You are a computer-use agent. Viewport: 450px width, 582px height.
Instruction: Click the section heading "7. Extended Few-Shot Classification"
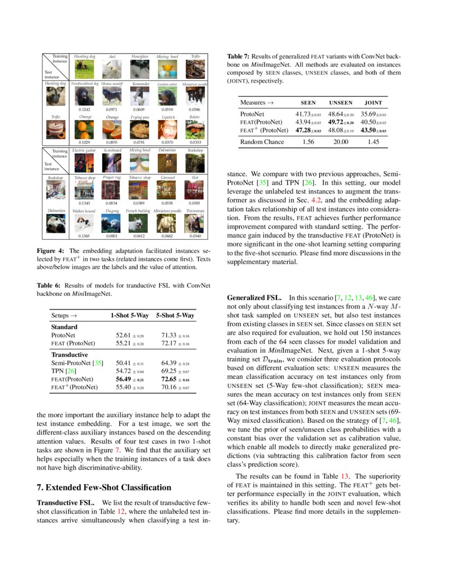click(104, 487)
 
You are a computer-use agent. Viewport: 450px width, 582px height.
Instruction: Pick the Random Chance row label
click(262, 142)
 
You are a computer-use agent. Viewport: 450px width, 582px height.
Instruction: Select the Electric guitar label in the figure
click(85, 151)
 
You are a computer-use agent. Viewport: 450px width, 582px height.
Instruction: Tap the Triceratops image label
click(195, 211)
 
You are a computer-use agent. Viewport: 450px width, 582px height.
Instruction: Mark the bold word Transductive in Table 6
click(69, 354)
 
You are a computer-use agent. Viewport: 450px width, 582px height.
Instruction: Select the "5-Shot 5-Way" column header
click(175, 315)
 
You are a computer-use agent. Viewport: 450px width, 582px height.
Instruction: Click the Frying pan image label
click(140, 116)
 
